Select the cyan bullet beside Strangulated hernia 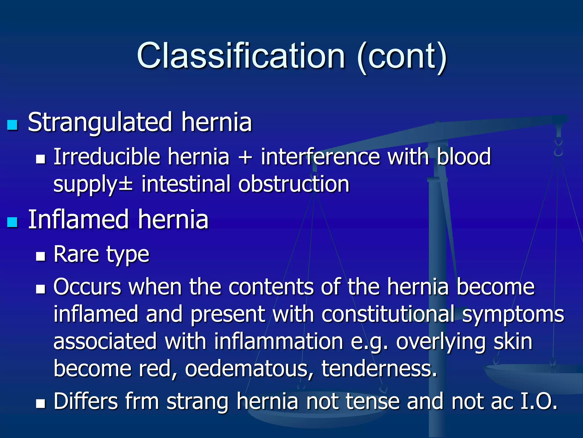[x=12, y=125]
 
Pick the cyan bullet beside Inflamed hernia [x=12, y=222]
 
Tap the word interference [x=320, y=157]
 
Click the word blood [x=464, y=157]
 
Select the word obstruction [x=294, y=184]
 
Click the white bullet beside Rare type [x=41, y=256]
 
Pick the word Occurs [x=87, y=287]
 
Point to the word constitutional [x=388, y=314]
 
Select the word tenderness [x=379, y=368]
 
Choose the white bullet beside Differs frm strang [x=41, y=403]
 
